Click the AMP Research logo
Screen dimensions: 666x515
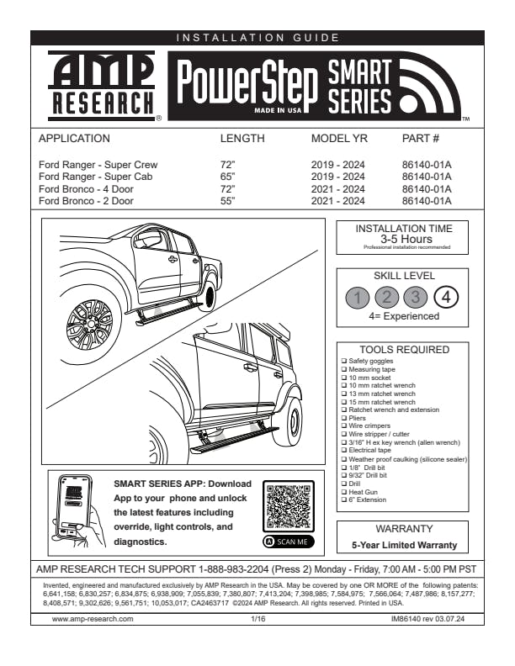click(101, 84)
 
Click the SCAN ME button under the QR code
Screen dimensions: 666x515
click(288, 542)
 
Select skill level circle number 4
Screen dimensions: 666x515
click(447, 297)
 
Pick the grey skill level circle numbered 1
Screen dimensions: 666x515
click(358, 297)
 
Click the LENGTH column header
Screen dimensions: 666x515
click(242, 138)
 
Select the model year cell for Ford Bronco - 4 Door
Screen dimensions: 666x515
click(337, 189)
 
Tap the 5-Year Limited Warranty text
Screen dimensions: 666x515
click(404, 546)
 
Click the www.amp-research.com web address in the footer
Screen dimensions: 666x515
click(93, 618)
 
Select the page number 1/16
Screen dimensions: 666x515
click(258, 618)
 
